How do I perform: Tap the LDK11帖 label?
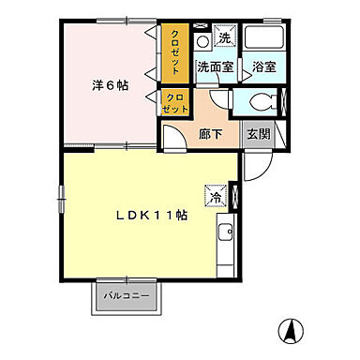(x=154, y=214)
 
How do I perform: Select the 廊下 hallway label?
(x=209, y=133)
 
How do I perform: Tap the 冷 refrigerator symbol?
(x=217, y=198)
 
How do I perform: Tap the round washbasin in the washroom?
(x=202, y=41)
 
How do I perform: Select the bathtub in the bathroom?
(x=263, y=39)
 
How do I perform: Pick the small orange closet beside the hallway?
(x=173, y=101)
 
